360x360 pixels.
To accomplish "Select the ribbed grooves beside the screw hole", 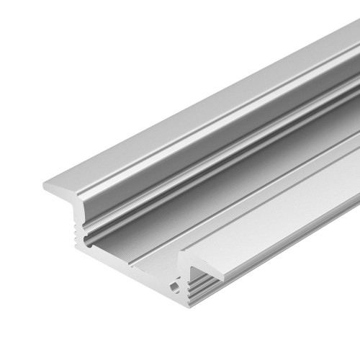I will click(x=189, y=295).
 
